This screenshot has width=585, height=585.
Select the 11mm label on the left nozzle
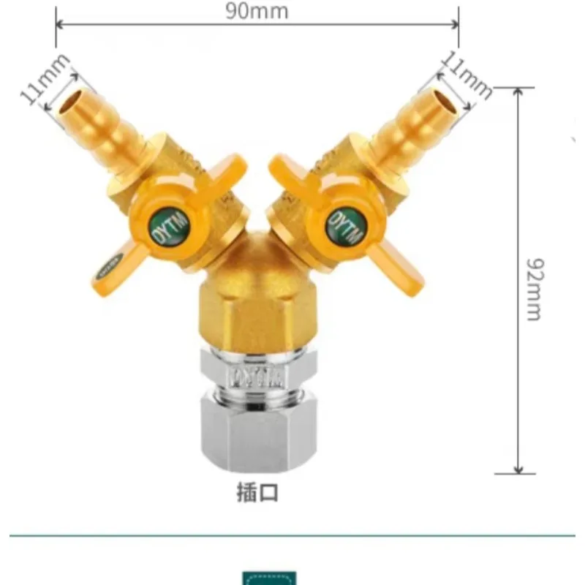(x=45, y=80)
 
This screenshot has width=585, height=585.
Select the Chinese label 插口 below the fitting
(x=257, y=492)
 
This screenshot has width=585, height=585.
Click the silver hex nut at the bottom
(x=257, y=434)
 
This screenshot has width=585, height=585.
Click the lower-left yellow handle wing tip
(x=110, y=267)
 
